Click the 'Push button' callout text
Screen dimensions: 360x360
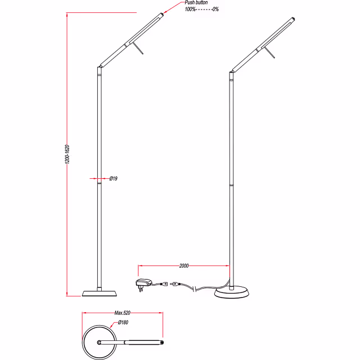[x=196, y=3]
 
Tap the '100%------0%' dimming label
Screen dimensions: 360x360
[x=201, y=10]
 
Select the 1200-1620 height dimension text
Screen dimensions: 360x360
[x=66, y=154]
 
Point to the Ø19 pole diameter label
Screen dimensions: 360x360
[x=113, y=178]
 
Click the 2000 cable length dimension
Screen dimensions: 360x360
[x=183, y=265]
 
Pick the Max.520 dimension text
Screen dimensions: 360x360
[x=123, y=313]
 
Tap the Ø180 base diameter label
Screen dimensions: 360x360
[x=123, y=323]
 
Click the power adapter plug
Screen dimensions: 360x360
[x=142, y=282]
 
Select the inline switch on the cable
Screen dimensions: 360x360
[x=175, y=285]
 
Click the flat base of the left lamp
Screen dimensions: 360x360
[x=100, y=292]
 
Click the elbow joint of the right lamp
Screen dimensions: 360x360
[x=231, y=73]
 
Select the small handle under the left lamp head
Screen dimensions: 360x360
[x=140, y=50]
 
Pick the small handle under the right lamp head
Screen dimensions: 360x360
[x=272, y=54]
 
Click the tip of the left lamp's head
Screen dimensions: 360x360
[x=163, y=14]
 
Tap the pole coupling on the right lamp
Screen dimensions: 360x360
[x=231, y=184]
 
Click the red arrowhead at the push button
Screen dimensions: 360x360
[x=164, y=12]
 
